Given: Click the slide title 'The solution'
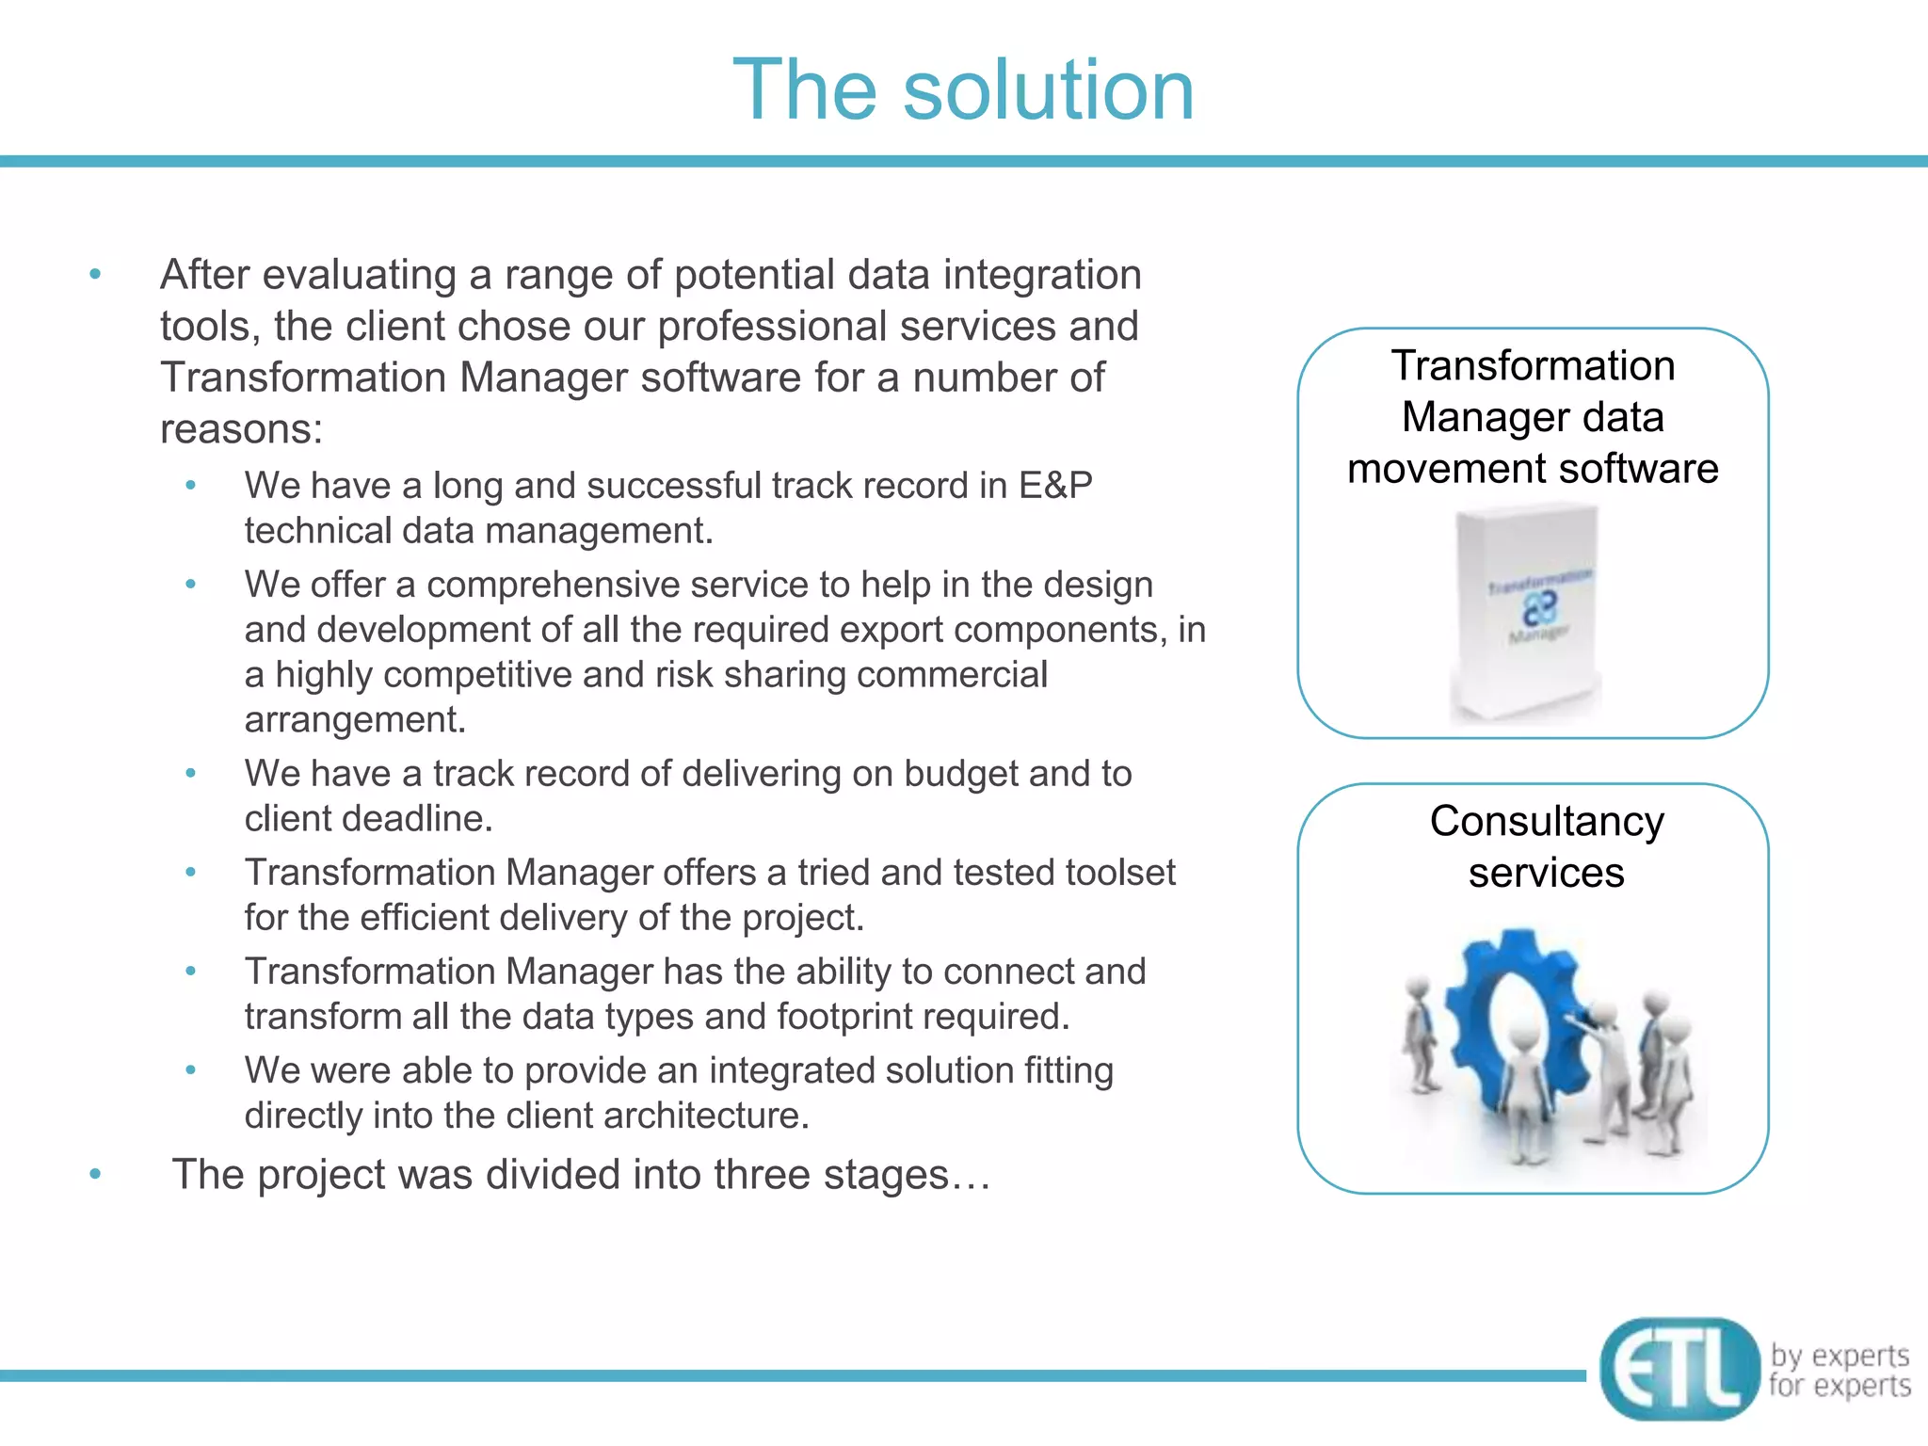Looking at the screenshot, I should point(963,89).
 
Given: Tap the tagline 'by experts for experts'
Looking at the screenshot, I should point(1840,1370).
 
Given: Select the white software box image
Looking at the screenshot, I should point(1525,612).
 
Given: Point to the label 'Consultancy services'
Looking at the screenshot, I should point(1546,846).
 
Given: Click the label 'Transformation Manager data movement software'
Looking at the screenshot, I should point(1533,417).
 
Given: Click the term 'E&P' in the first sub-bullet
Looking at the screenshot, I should point(1054,486).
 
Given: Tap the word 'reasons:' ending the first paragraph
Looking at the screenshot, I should point(241,429).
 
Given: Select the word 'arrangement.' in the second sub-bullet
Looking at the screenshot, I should point(355,720).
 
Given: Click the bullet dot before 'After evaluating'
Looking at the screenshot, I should point(95,275).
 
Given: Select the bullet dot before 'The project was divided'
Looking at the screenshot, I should point(95,1174).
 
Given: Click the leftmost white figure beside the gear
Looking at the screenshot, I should point(1417,1036).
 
